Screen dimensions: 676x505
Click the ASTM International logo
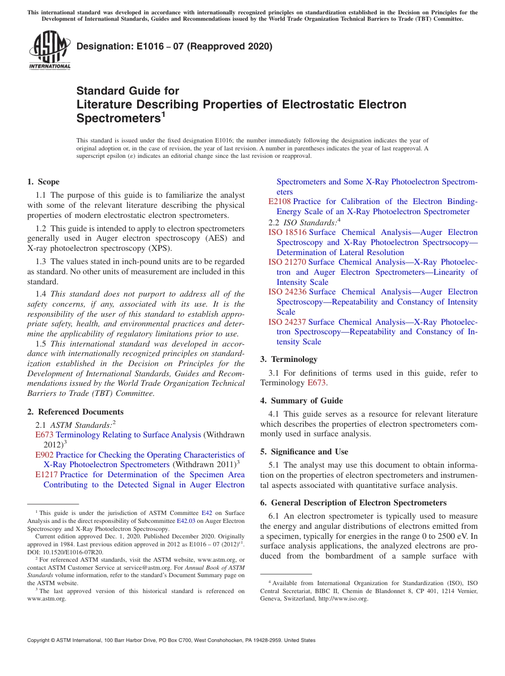click(x=49, y=50)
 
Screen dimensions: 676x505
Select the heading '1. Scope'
click(x=44, y=182)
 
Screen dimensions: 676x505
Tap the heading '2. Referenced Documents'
click(x=75, y=412)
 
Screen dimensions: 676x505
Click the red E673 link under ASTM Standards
click(x=44, y=435)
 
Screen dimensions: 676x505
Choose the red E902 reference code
click(x=44, y=455)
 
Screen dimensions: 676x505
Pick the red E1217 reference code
click(x=46, y=475)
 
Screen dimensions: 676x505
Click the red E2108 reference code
click(x=280, y=201)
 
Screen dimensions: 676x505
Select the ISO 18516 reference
click(x=287, y=232)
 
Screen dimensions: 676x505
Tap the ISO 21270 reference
click(x=287, y=262)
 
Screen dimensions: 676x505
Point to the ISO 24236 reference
click(x=287, y=292)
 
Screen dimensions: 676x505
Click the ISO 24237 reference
click(x=287, y=322)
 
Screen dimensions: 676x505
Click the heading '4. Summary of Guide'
click(x=301, y=401)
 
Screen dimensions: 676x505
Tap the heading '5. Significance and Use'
click(x=304, y=452)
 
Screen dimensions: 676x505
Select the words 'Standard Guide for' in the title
click(x=128, y=91)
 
